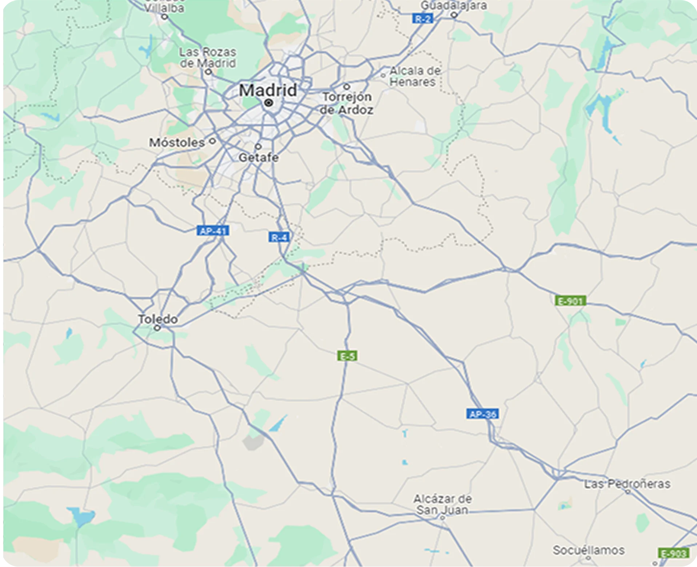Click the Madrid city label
pyautogui.click(x=268, y=90)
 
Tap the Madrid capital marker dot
pyautogui.click(x=269, y=103)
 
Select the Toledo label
pyautogui.click(x=158, y=319)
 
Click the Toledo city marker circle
pyautogui.click(x=157, y=328)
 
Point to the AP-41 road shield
pyautogui.click(x=213, y=231)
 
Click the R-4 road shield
pyautogui.click(x=279, y=237)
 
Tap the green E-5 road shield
pyautogui.click(x=347, y=356)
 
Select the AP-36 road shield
pyautogui.click(x=482, y=414)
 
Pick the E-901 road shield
pyautogui.click(x=570, y=301)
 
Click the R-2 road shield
pyautogui.click(x=422, y=19)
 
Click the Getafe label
pyautogui.click(x=259, y=157)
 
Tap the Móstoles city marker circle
pyautogui.click(x=213, y=141)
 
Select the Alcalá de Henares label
pyautogui.click(x=414, y=76)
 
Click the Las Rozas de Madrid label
pyautogui.click(x=208, y=57)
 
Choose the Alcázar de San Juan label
pyautogui.click(x=442, y=504)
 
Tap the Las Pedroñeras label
pyautogui.click(x=627, y=484)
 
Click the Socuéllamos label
pyautogui.click(x=589, y=550)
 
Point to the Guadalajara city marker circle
pyautogui.click(x=454, y=15)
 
